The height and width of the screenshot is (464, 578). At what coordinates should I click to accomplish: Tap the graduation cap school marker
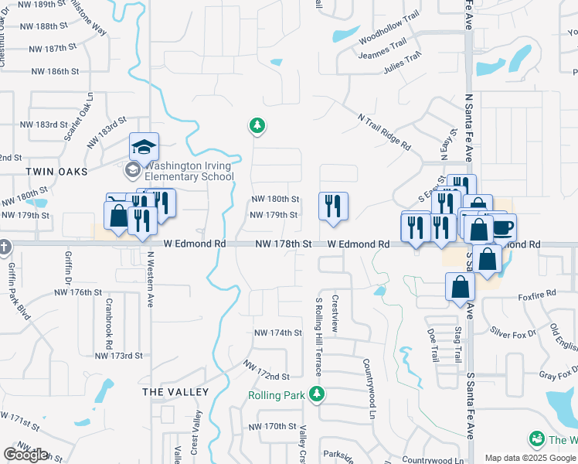pyautogui.click(x=144, y=146)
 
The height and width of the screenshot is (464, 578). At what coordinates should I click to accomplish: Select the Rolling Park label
pyautogui.click(x=276, y=395)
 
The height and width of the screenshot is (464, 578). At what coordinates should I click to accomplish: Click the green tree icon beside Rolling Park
pyautogui.click(x=315, y=394)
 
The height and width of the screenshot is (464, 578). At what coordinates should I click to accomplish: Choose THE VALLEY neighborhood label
pyautogui.click(x=175, y=392)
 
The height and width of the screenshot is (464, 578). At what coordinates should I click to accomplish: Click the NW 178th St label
pyautogui.click(x=284, y=244)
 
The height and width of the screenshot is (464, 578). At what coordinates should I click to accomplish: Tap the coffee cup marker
pyautogui.click(x=501, y=227)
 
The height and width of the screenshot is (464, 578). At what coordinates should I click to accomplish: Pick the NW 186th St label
pyautogui.click(x=55, y=71)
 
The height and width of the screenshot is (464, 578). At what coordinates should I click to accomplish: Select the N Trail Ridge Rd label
pyautogui.click(x=383, y=129)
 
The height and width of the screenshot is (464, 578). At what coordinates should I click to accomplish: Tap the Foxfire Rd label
pyautogui.click(x=537, y=295)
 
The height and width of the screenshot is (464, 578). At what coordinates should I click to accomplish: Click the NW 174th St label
pyautogui.click(x=277, y=333)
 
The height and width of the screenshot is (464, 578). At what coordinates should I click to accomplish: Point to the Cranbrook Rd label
pyautogui.click(x=109, y=323)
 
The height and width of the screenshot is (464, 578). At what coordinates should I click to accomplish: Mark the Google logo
pyautogui.click(x=25, y=455)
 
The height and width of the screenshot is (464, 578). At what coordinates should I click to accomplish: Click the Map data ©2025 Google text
pyautogui.click(x=530, y=458)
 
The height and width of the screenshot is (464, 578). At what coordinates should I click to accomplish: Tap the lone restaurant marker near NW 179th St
pyautogui.click(x=333, y=206)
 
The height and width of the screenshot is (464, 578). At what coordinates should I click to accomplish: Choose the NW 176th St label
pyautogui.click(x=78, y=292)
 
